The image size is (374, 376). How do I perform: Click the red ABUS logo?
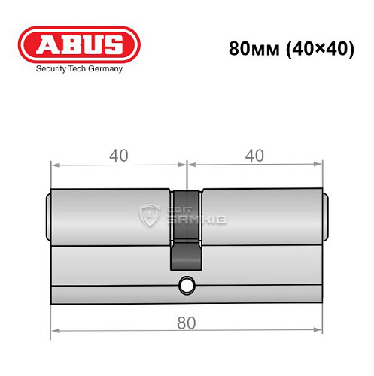click(x=79, y=44)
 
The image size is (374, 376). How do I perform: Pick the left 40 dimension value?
click(x=118, y=156)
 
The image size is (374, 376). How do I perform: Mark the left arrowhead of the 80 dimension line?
click(x=55, y=331)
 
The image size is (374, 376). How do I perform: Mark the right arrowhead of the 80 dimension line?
click(x=318, y=331)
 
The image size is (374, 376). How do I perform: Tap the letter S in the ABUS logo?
click(x=120, y=44)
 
